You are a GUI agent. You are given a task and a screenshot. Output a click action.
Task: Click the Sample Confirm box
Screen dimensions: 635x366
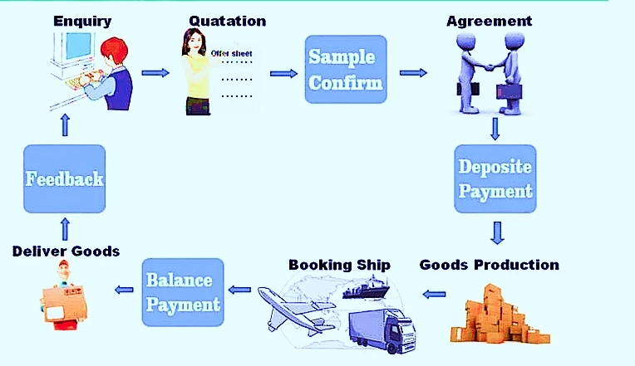[x=346, y=69]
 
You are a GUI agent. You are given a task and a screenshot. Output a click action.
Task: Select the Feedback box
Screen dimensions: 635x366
[x=64, y=178]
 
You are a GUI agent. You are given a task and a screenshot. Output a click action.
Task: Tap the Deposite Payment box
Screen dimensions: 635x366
[x=495, y=178]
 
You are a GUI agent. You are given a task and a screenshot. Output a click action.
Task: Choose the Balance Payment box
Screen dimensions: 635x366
[x=183, y=292]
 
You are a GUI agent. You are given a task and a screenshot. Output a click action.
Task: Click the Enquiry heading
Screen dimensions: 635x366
[x=82, y=21]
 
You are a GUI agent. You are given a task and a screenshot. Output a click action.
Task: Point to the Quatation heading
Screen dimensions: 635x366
[x=228, y=21]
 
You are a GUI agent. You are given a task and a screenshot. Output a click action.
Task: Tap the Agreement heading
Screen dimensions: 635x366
[x=490, y=21]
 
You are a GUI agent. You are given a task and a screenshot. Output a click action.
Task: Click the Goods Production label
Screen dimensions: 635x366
[x=490, y=265]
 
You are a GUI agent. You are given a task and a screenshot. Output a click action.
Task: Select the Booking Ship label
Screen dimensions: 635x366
[x=339, y=265]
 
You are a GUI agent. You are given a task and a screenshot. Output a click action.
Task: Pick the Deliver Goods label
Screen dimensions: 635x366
[x=66, y=251]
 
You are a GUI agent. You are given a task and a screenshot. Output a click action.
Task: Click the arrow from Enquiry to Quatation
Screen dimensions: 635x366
[x=155, y=73]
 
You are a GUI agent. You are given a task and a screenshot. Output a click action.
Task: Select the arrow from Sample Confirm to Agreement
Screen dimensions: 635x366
[x=413, y=73]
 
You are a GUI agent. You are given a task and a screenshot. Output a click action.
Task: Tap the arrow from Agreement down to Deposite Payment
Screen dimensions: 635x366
[x=495, y=129]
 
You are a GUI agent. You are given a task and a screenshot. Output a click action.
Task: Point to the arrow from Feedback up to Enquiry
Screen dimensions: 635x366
[x=65, y=125]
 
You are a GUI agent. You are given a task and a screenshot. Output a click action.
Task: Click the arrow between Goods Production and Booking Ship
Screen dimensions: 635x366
[x=434, y=294]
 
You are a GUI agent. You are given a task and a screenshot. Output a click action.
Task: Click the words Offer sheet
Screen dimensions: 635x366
[x=232, y=53]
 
